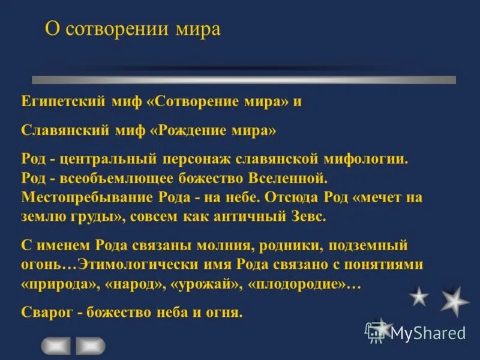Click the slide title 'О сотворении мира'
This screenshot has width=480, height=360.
tap(133, 29)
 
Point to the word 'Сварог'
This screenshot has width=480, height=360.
tap(46, 311)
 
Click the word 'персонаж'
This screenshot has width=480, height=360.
tap(190, 160)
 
